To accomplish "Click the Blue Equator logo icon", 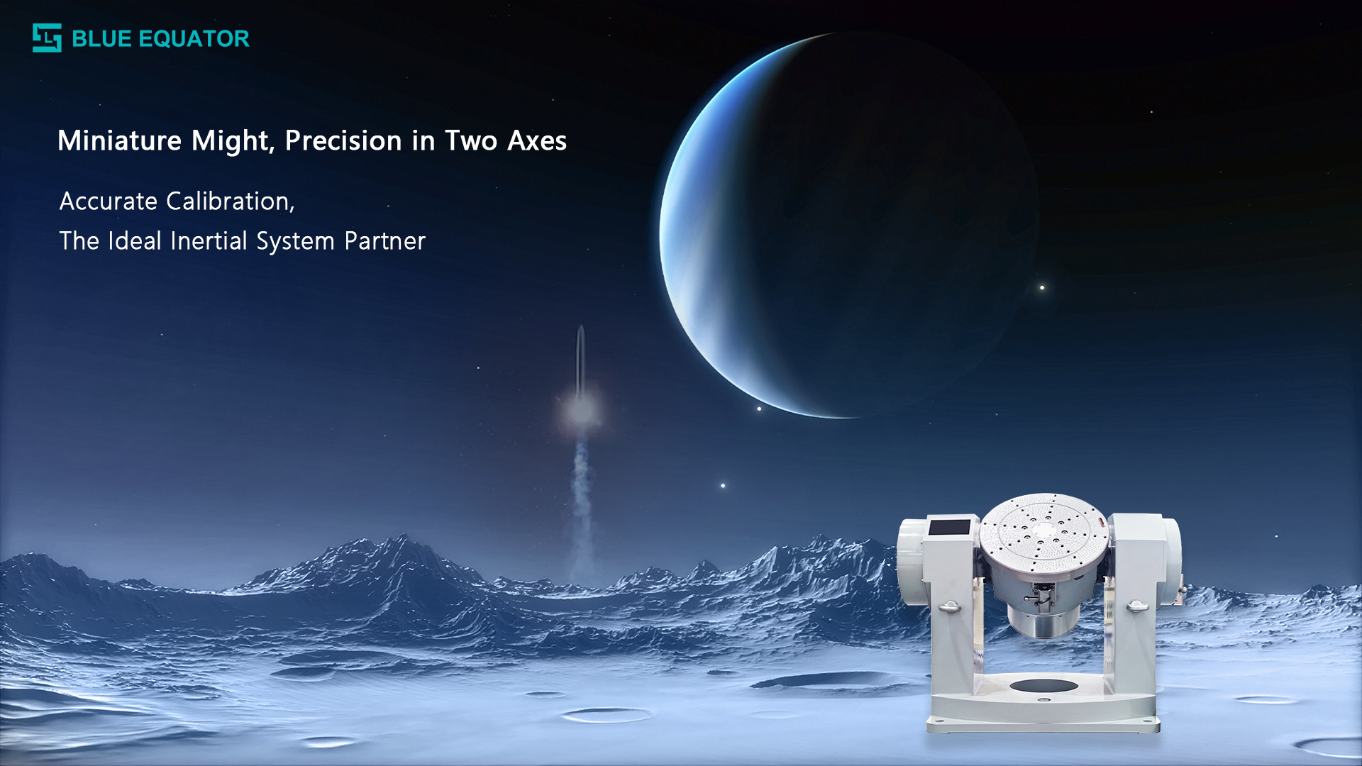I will click(x=47, y=38).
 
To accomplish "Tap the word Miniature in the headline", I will click(x=119, y=140).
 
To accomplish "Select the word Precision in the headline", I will click(x=343, y=140).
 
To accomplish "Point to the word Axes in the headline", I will click(x=537, y=140).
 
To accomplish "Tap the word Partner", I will click(x=384, y=241).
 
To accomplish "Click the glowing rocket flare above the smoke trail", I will click(x=581, y=410).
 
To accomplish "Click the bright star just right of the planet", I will click(x=1042, y=287).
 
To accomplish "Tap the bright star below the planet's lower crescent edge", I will click(x=759, y=409).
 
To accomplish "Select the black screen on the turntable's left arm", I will click(x=949, y=528).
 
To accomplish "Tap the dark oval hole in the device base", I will click(x=1043, y=685).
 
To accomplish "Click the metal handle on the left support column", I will click(x=949, y=607).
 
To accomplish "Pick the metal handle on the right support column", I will click(x=1137, y=606).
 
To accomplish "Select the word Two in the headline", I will click(x=471, y=140).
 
